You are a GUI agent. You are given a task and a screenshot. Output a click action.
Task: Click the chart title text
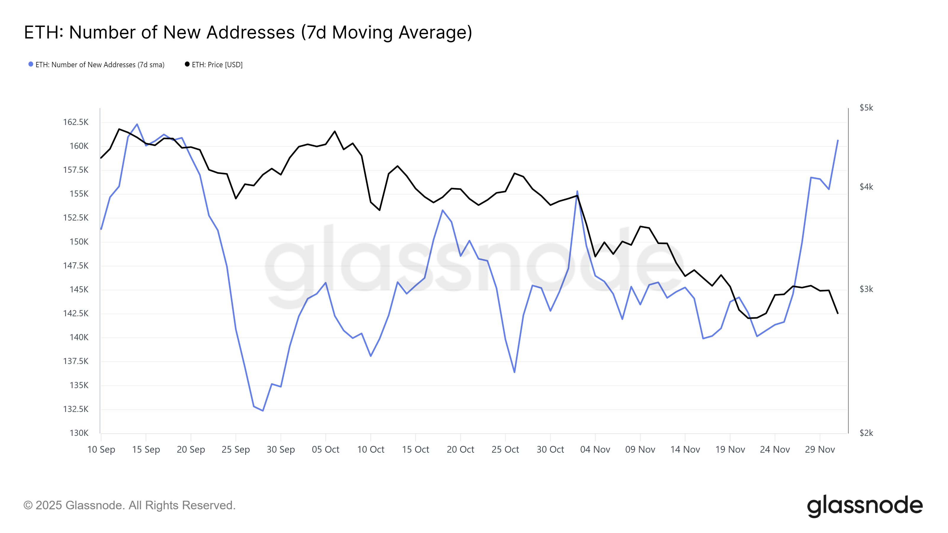[248, 32]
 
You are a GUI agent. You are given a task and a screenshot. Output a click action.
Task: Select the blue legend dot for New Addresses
[31, 64]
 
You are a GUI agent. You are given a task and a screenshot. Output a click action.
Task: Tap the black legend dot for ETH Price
[187, 64]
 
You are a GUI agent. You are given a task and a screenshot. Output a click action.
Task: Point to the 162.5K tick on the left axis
[76, 122]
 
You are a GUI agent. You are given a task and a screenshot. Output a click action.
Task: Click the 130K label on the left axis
[79, 433]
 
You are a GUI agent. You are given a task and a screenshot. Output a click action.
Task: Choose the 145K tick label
[79, 290]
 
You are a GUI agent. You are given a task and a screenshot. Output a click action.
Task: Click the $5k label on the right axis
[866, 108]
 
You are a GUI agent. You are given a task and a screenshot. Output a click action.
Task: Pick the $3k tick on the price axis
[866, 289]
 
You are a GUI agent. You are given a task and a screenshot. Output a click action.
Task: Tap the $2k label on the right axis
[866, 433]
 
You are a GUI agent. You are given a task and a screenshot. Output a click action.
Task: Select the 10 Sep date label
[101, 449]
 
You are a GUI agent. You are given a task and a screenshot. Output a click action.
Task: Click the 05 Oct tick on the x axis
[325, 449]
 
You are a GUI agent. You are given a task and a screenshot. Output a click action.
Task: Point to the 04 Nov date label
[595, 449]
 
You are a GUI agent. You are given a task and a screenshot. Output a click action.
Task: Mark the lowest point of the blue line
[263, 410]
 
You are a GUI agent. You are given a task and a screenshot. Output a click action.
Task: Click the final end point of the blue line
[838, 140]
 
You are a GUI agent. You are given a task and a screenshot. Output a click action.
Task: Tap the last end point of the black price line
[838, 313]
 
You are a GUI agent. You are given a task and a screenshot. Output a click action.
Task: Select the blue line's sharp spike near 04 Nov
[577, 191]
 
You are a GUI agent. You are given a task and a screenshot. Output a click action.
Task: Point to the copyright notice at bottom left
[129, 505]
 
